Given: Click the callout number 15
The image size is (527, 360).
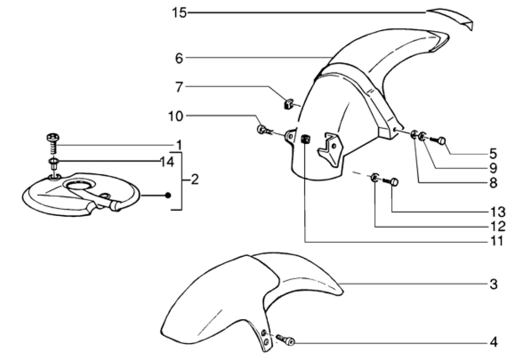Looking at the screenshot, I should click(179, 13).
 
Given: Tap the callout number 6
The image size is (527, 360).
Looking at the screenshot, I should click(179, 58).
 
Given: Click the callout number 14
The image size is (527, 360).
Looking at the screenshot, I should click(166, 162).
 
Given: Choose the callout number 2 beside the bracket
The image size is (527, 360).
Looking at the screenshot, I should click(195, 180).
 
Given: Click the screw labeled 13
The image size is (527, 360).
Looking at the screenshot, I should click(392, 183).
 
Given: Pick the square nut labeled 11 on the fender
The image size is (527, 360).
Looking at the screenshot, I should click(306, 139).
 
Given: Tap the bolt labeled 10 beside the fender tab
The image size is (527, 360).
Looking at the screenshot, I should click(264, 130).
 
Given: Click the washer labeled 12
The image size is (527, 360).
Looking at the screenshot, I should click(375, 178).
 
